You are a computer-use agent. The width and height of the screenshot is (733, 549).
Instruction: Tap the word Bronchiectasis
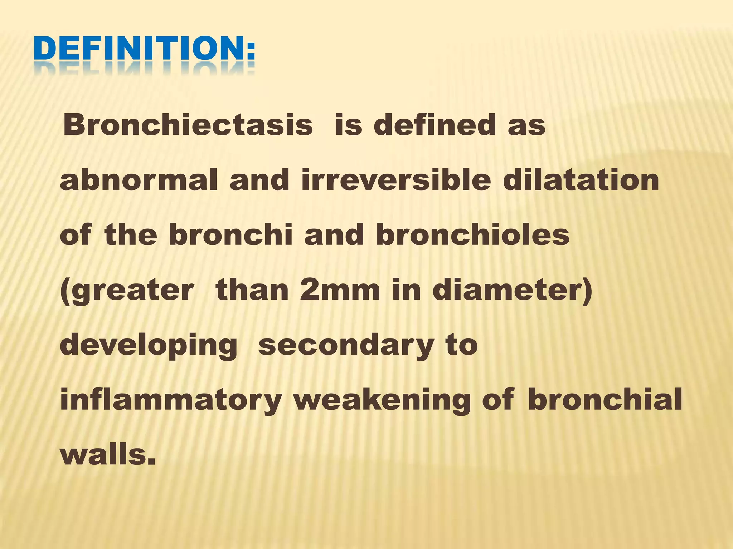pos(188,125)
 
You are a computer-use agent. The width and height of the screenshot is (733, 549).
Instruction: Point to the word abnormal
pos(139,180)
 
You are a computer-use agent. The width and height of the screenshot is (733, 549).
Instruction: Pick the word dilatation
pos(581,180)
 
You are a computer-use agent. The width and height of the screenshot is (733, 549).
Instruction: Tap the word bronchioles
pos(472,235)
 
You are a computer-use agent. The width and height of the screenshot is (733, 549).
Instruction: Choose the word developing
pos(149,346)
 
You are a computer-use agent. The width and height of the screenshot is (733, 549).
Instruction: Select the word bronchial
pos(605,400)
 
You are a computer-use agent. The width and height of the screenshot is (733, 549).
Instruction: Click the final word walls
pos(108,455)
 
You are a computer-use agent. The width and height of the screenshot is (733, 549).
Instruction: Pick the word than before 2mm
pos(252,290)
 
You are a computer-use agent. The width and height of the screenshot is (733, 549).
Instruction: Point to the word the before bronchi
pos(131,235)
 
